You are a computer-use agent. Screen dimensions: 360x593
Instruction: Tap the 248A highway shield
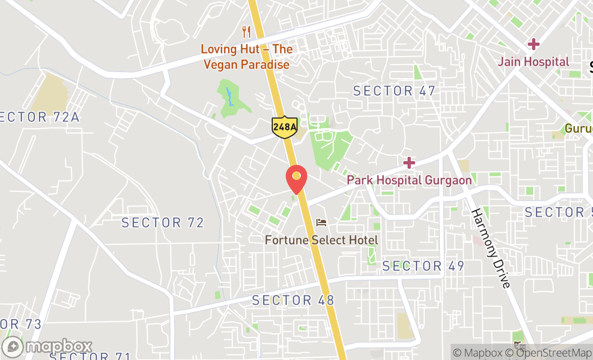point(285,127)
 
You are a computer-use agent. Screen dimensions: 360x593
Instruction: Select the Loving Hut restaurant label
point(246,57)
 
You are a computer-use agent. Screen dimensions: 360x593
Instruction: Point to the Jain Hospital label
point(533,61)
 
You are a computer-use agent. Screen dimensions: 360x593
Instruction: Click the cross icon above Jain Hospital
point(534,44)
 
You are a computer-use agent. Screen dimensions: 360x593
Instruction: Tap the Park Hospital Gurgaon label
point(409,180)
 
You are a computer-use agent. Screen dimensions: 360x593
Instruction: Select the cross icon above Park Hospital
point(409,162)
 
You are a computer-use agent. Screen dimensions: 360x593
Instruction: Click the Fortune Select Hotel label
point(321,240)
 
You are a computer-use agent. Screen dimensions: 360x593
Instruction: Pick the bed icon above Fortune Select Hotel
point(322,222)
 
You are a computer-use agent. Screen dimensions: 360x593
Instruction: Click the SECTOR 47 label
point(394,91)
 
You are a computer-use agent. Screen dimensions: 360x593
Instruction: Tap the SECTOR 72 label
point(162,222)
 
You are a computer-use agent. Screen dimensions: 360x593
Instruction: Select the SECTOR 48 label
point(293,300)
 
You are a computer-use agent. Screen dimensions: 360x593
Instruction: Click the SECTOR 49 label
point(423,266)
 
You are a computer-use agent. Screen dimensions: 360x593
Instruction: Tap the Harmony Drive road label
point(491,247)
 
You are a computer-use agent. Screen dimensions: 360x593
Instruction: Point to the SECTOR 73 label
point(20,324)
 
